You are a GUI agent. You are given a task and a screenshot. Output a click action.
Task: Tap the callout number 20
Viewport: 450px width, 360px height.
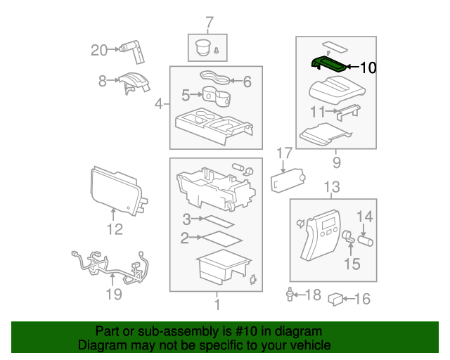(99, 50)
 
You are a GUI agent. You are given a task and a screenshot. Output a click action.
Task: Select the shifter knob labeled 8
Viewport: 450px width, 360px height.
(134, 83)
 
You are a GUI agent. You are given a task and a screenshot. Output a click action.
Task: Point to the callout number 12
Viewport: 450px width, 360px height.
(115, 229)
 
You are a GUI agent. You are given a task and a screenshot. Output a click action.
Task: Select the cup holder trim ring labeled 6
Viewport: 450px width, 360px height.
(215, 77)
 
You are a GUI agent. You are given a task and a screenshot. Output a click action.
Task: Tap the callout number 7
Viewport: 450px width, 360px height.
(210, 22)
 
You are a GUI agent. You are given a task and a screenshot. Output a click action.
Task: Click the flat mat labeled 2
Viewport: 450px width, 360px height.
(222, 239)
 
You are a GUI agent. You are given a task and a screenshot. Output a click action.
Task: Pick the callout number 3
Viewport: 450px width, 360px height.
(186, 219)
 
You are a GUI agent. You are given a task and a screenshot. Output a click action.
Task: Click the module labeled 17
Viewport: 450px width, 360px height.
(288, 180)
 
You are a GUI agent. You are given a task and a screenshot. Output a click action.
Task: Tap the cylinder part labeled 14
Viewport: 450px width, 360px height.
(366, 241)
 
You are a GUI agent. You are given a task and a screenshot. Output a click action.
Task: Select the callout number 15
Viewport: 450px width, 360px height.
(352, 264)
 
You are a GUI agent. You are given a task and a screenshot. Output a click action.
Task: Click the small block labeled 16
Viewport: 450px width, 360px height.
(335, 300)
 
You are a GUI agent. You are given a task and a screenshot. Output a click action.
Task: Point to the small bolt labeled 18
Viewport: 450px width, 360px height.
(290, 295)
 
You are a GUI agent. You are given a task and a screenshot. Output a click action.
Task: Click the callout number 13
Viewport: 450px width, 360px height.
(332, 187)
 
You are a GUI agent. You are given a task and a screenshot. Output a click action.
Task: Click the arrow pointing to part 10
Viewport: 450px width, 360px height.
(353, 67)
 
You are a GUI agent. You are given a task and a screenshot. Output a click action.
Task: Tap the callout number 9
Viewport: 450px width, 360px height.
(337, 162)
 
